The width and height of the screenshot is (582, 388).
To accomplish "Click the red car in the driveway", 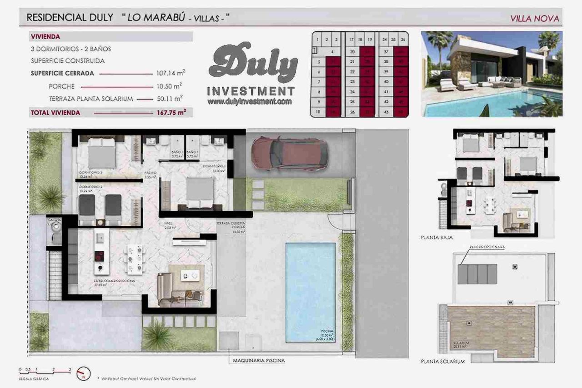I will pos(289,153).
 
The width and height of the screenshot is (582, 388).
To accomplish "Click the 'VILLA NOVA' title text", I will pos(534,19).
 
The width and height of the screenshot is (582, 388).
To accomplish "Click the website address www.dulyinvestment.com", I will pos(249,102).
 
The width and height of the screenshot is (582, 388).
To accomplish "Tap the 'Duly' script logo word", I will pos(253,64).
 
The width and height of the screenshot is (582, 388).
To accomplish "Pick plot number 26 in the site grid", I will pos(351,112).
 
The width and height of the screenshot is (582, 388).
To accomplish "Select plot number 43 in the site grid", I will pos(385,112).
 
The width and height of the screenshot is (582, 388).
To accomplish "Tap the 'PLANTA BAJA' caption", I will pos(436,237).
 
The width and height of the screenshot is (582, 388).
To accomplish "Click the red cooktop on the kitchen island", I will pos(99,256).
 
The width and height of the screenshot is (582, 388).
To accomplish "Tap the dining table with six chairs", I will pos(135,259).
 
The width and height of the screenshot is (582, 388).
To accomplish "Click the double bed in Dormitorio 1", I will pos(201,192).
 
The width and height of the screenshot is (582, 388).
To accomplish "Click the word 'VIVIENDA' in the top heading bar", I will pos(45,36).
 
